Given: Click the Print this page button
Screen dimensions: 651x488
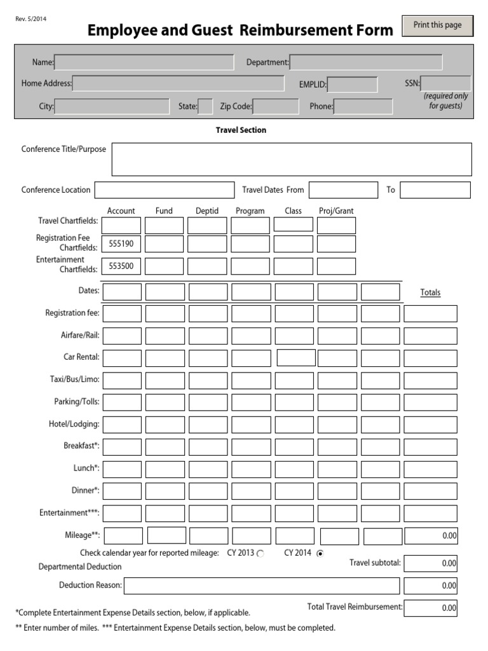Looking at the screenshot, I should click(x=437, y=26).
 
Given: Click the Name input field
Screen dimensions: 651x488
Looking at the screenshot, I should click(x=144, y=62).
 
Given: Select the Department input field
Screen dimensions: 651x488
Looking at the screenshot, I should click(x=366, y=62).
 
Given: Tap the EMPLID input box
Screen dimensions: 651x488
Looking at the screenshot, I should click(x=352, y=85).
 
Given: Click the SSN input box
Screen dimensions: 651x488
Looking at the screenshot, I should click(x=446, y=83).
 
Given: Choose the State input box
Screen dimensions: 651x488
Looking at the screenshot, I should click(x=205, y=107).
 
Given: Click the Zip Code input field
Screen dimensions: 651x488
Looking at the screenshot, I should click(x=276, y=107).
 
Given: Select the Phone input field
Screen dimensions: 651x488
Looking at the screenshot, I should click(x=363, y=107).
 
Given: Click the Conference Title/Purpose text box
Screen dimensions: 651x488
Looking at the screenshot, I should click(x=292, y=159).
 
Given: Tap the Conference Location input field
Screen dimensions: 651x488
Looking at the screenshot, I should click(x=165, y=190).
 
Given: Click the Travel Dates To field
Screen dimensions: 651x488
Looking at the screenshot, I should click(x=435, y=190).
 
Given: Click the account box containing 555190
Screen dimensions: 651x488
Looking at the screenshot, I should click(x=121, y=244).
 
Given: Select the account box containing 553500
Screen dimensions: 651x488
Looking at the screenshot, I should click(x=121, y=266).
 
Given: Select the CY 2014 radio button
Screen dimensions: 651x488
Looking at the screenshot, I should click(x=320, y=554).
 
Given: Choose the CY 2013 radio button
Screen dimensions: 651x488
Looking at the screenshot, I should click(x=261, y=554).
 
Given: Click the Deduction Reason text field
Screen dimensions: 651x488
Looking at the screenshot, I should click(x=262, y=586).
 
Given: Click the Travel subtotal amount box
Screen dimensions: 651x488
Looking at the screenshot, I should click(x=430, y=563).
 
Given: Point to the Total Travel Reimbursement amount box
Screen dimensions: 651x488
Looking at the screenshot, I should click(x=430, y=608).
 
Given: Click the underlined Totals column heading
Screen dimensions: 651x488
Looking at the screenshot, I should click(x=430, y=293).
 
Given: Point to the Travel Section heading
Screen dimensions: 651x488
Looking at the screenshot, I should click(x=241, y=130).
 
